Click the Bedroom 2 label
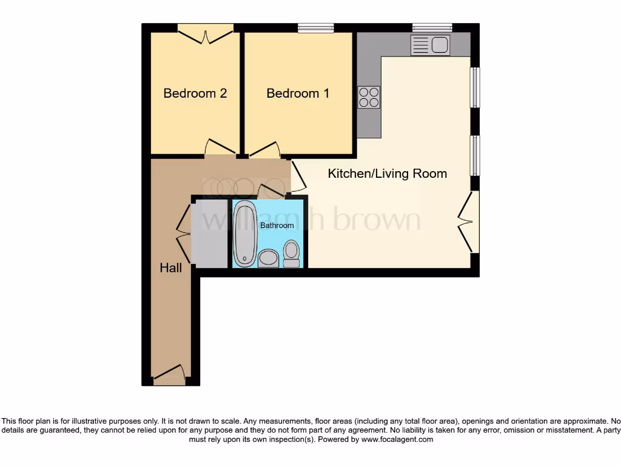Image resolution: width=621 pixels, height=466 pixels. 195,93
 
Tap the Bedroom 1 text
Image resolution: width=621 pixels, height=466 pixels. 298,93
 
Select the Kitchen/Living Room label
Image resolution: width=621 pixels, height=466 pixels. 387,174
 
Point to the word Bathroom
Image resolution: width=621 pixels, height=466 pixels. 277,225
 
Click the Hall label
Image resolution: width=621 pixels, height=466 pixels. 170,268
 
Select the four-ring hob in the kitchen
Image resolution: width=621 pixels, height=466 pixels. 369,97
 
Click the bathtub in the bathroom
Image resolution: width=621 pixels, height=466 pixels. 244,234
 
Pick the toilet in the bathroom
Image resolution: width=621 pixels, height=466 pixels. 291,254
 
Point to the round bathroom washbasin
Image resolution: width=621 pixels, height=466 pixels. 267,259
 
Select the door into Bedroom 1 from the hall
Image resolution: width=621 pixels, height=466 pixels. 265,150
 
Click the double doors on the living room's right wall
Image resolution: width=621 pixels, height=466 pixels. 468,222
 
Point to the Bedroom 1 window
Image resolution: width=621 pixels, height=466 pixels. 316,28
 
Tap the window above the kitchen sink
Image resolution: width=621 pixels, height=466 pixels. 432,27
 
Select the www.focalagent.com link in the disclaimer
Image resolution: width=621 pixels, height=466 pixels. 397,439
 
